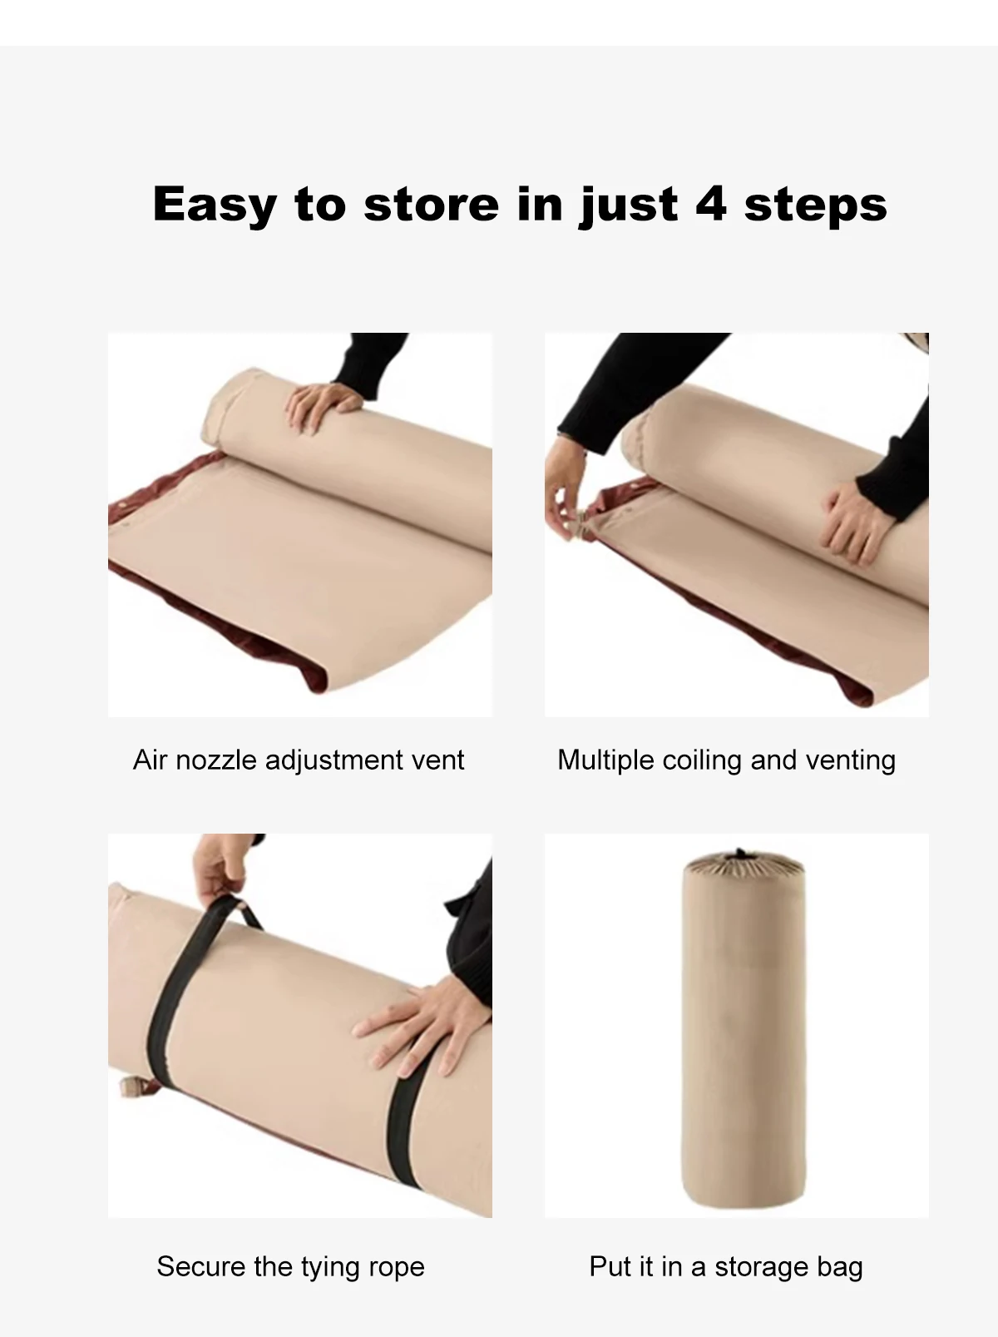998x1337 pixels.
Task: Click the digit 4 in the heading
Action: pyautogui.click(x=710, y=203)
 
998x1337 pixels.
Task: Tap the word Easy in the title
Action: pyautogui.click(x=215, y=205)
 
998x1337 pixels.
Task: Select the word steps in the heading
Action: pyautogui.click(x=815, y=205)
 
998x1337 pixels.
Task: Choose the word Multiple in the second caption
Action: pyautogui.click(x=606, y=760)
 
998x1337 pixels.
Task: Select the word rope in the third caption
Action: pyautogui.click(x=398, y=1266)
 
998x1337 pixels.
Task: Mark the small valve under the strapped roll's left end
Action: pyautogui.click(x=133, y=1085)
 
